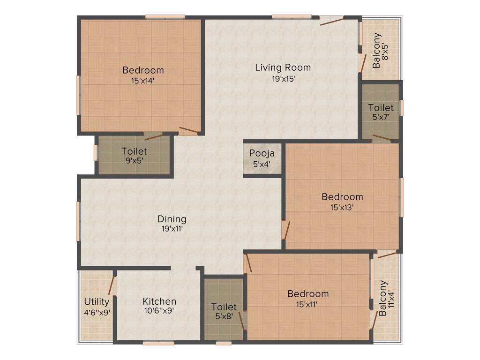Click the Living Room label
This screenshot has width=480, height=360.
pyautogui.click(x=283, y=67)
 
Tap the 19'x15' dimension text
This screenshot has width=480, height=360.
pyautogui.click(x=283, y=79)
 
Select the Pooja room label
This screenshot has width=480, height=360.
pyautogui.click(x=262, y=153)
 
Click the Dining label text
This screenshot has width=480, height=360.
pyautogui.click(x=172, y=219)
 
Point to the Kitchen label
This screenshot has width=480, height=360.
pyautogui.click(x=159, y=301)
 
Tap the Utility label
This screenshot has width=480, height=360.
pyautogui.click(x=97, y=301)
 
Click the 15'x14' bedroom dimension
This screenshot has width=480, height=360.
pyautogui.click(x=143, y=81)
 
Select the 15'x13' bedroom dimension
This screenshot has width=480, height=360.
pyautogui.click(x=342, y=207)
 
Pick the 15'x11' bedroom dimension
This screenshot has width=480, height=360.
pyautogui.click(x=308, y=304)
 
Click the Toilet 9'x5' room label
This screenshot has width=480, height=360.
pyautogui.click(x=134, y=151)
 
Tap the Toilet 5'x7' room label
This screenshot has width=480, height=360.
pyautogui.click(x=381, y=108)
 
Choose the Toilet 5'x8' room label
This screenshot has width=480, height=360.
pyautogui.click(x=224, y=307)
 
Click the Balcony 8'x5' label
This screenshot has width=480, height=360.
pyautogui.click(x=376, y=50)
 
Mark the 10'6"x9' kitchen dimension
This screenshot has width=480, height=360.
pyautogui.click(x=159, y=312)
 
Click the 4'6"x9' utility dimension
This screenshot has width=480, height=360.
pyautogui.click(x=97, y=312)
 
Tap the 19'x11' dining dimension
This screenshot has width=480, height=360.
pyautogui.click(x=172, y=229)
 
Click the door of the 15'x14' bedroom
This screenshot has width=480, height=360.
pyautogui.click(x=188, y=131)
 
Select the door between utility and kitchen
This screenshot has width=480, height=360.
pyautogui.click(x=112, y=284)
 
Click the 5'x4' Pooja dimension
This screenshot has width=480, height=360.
pyautogui.click(x=262, y=164)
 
